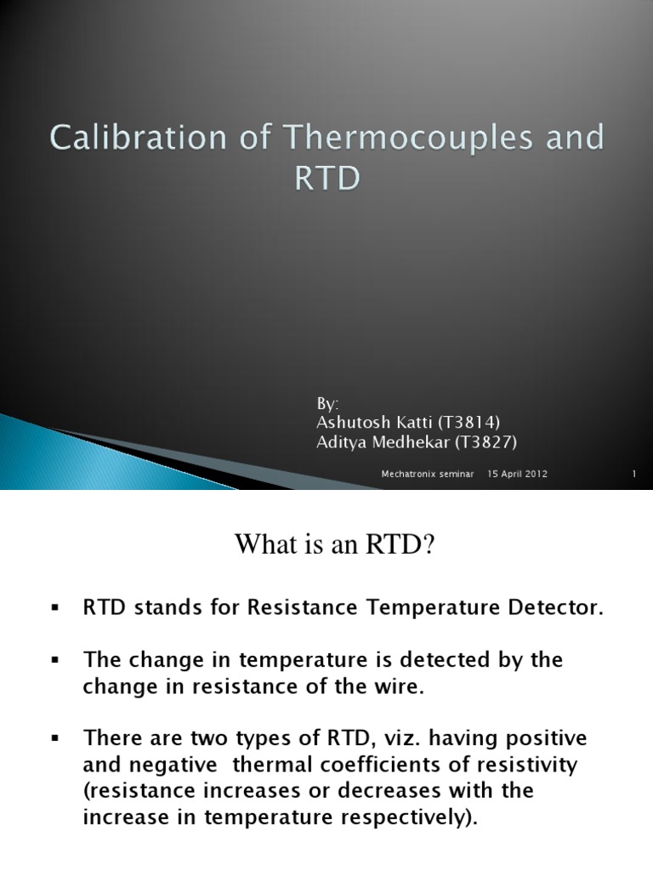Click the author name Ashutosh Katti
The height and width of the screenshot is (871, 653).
(x=370, y=422)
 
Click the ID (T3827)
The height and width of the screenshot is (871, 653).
(x=489, y=441)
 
